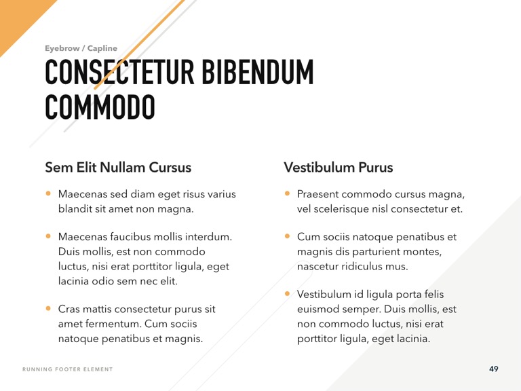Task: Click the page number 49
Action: coord(493,369)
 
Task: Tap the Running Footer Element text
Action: coord(68,369)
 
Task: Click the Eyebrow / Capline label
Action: coord(81,48)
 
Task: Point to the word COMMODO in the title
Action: coord(100,107)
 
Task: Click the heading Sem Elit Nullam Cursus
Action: coord(118,167)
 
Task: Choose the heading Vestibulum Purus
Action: coord(338,167)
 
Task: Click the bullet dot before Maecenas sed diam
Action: coord(48,193)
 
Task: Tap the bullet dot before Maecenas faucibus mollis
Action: coord(48,237)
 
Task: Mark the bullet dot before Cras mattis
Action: coord(48,308)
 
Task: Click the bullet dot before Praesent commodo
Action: coord(287,193)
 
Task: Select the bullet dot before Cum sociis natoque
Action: coord(287,237)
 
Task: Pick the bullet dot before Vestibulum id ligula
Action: coord(287,294)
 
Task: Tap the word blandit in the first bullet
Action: coord(75,209)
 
